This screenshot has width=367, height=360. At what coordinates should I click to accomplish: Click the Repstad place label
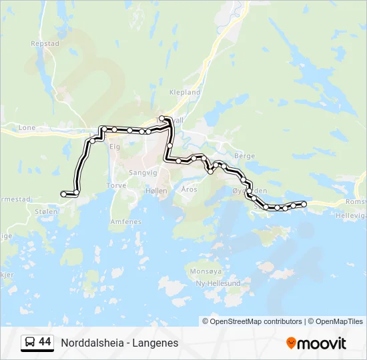(x=45, y=43)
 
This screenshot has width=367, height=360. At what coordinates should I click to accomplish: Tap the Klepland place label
(x=185, y=92)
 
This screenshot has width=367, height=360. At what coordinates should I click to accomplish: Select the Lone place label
(x=27, y=127)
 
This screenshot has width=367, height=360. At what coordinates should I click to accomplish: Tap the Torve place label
(x=116, y=186)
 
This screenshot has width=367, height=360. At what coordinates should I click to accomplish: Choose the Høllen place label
(x=155, y=190)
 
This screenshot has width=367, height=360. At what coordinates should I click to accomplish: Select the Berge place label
(x=245, y=155)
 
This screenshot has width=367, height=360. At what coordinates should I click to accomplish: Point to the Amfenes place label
(x=125, y=221)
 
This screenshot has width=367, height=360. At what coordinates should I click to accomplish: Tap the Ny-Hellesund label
(x=218, y=283)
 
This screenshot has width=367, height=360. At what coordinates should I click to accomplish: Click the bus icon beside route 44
(x=29, y=343)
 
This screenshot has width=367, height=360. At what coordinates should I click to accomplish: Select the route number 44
(x=45, y=342)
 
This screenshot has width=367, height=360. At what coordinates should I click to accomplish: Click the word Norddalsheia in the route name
(x=93, y=343)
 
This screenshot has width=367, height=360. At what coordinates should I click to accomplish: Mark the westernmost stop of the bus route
(x=64, y=193)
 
